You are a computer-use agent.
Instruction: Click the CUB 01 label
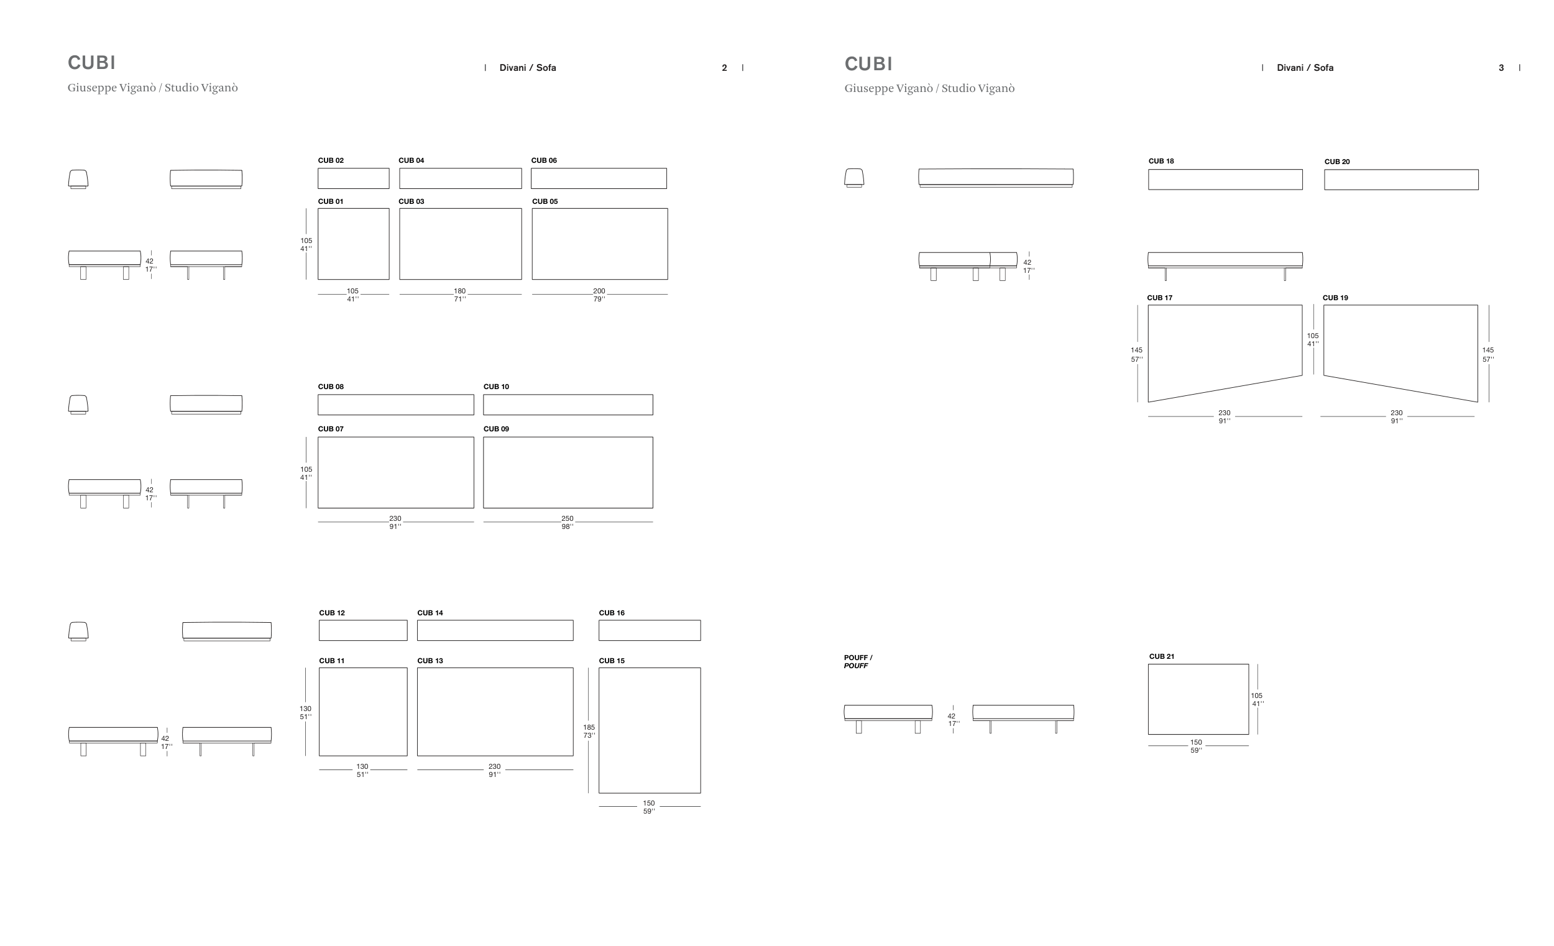[331, 202]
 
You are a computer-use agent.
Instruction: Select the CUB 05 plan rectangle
[599, 244]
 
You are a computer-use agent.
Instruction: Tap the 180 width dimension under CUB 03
[460, 295]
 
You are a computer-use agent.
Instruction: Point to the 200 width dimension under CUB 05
[599, 295]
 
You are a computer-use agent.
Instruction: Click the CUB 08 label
[331, 387]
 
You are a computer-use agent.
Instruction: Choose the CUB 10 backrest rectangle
[568, 405]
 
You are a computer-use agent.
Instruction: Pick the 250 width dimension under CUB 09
[567, 522]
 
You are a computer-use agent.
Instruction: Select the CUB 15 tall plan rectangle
[649, 730]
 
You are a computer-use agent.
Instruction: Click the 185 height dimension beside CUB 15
[589, 731]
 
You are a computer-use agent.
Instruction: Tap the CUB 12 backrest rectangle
[362, 630]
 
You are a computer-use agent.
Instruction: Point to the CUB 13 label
[430, 661]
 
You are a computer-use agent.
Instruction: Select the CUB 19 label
[1335, 298]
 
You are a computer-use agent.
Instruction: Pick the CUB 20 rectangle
[1400, 180]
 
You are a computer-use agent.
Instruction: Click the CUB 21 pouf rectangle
[1198, 699]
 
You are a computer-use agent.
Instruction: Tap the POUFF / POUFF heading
[858, 661]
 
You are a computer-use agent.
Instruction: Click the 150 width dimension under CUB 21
[1196, 746]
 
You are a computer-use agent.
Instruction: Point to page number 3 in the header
[1501, 68]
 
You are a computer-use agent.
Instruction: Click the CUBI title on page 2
[91, 62]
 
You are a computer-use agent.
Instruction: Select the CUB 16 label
[611, 613]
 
